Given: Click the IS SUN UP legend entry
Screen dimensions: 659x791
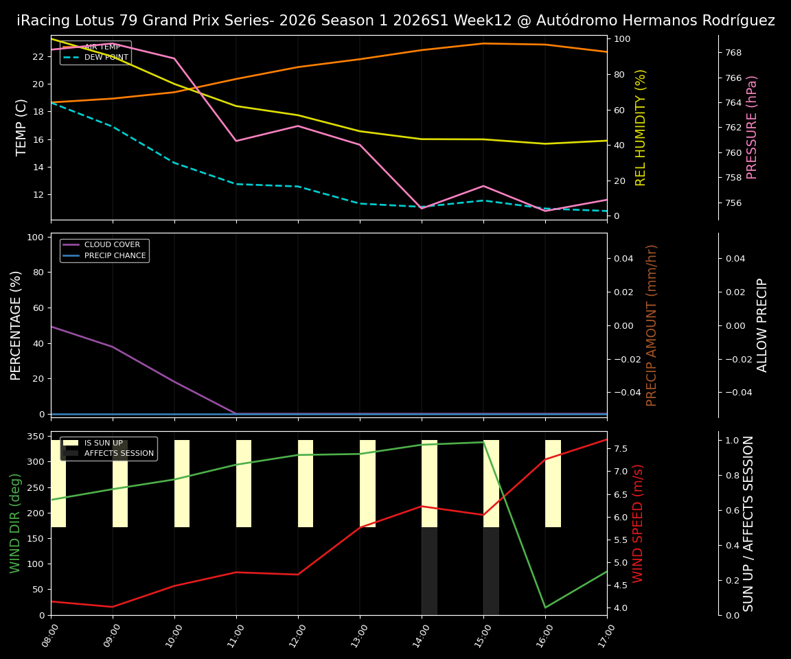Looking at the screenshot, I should (103, 443).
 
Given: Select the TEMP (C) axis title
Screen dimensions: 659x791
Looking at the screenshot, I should (22, 128).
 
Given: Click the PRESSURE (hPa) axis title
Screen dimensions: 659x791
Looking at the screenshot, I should (752, 128).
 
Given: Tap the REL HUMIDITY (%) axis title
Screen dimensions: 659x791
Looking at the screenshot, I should (641, 128).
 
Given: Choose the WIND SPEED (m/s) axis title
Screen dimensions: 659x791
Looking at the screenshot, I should (639, 523).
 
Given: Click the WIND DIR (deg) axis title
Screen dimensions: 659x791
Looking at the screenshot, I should (15, 523).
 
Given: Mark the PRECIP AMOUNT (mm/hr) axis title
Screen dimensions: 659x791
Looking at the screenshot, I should (652, 325).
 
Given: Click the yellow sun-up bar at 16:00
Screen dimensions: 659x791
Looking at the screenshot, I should (553, 483).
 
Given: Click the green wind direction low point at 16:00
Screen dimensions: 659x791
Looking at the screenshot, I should (545, 607).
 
